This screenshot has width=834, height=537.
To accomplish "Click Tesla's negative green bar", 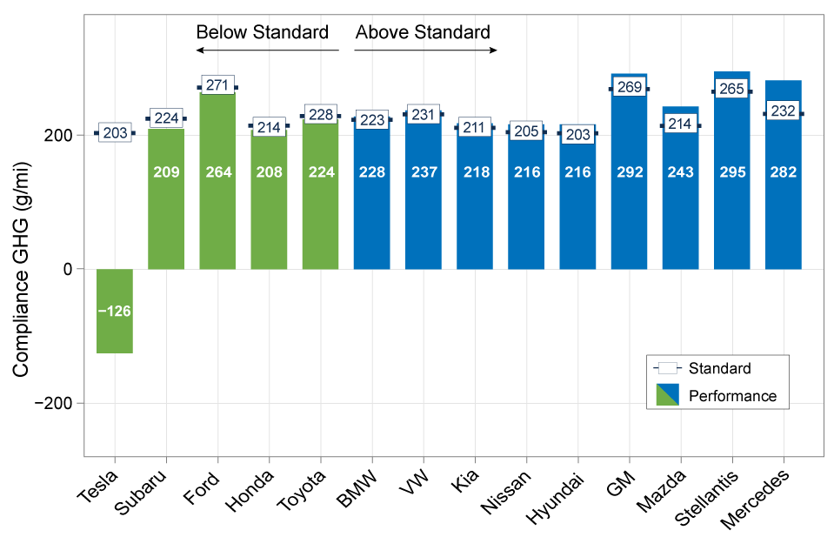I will [x=114, y=331].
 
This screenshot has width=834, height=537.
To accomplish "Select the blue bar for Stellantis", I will [x=731, y=209].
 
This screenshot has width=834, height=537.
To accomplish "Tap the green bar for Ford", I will [x=217, y=218].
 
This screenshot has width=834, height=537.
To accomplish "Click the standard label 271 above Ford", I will [x=217, y=86].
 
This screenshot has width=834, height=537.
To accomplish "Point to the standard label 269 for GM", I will [x=629, y=87].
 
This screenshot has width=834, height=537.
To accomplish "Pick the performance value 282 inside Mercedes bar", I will [x=783, y=172].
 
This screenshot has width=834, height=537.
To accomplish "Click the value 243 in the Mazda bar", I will [x=680, y=172].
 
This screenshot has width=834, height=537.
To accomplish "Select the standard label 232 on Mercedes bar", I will [x=783, y=112].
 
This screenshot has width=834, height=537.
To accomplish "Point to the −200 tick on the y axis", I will [x=54, y=404].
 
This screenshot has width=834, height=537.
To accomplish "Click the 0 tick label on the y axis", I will [x=67, y=269].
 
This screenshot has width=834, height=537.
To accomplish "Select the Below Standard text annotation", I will [x=262, y=33].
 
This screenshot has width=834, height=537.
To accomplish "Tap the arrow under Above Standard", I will [x=424, y=50].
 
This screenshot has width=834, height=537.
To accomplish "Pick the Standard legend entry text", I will [x=719, y=368].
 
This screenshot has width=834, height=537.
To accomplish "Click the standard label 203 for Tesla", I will [x=115, y=133].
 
